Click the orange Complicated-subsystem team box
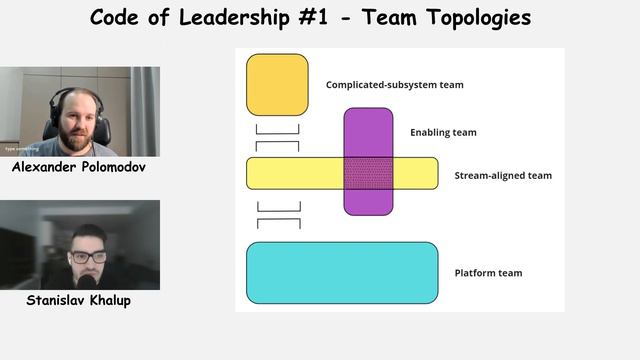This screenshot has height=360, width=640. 277,84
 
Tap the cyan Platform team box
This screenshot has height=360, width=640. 342,272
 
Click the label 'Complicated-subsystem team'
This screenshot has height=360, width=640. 394,85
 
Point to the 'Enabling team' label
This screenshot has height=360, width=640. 443,132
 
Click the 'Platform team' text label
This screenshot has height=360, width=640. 488,273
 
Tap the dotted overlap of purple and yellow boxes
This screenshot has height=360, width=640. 368,173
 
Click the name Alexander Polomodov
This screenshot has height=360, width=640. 79,168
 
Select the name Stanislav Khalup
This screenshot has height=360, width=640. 80,299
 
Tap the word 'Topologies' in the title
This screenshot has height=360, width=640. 476,18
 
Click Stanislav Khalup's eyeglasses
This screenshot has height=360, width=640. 89,257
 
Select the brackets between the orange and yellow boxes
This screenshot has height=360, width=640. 277,137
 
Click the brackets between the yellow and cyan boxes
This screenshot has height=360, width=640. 278,214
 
